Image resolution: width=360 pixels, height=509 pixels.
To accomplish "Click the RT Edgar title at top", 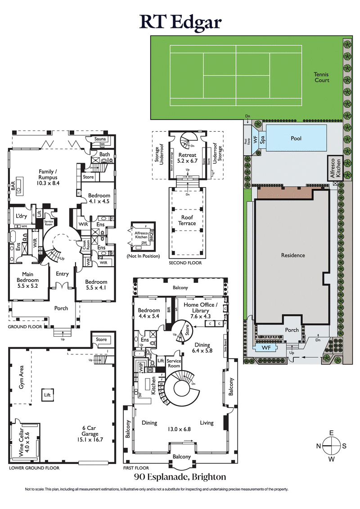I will click(x=180, y=21).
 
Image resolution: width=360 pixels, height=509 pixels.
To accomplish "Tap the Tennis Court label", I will click(x=322, y=77).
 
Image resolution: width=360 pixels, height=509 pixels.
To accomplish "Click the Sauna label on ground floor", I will click(x=100, y=139).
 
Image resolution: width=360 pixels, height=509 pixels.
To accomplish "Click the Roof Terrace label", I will click(x=187, y=220).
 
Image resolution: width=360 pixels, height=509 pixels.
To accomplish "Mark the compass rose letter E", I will click(x=331, y=433).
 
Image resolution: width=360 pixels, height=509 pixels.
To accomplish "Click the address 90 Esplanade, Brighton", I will click(x=180, y=477).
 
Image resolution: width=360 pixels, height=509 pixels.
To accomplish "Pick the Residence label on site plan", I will click(x=293, y=255).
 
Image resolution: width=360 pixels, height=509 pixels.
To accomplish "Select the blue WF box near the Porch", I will click(x=266, y=348).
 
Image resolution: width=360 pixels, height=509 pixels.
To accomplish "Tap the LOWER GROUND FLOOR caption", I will click(x=34, y=468).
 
